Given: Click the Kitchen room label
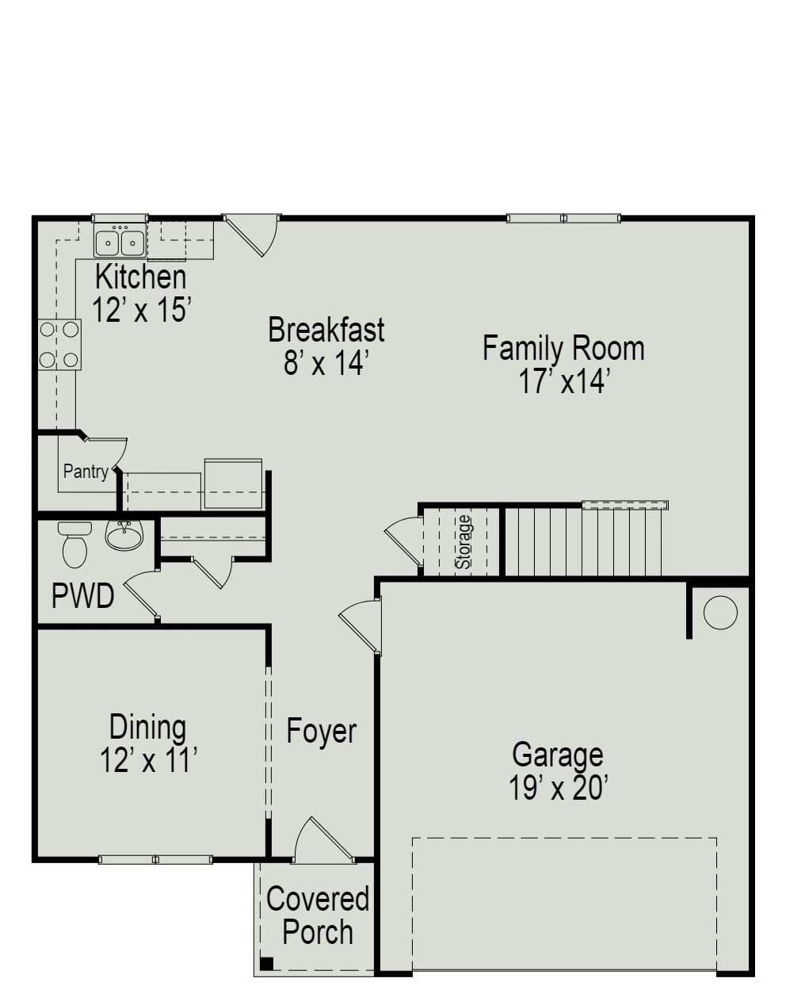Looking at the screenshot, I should (x=141, y=277).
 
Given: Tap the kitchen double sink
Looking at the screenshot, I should (x=120, y=241).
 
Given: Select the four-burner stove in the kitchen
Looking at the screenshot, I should (x=59, y=345).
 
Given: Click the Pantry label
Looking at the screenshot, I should (x=86, y=472).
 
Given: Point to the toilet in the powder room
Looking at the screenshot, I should (x=74, y=545).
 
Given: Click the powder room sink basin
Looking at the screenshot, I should (x=124, y=537).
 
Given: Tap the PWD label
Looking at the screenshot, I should (x=82, y=596).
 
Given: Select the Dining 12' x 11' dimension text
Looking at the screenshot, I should (x=148, y=760).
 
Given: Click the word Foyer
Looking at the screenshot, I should (x=321, y=731).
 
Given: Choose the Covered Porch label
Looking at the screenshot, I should (x=318, y=915).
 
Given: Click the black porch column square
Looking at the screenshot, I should (x=267, y=964).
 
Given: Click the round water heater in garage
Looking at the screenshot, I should (x=720, y=613).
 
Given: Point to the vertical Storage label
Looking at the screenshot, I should (x=464, y=542).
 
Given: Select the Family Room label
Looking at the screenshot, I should (x=563, y=348).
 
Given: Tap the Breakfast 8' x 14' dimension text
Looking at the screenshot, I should (x=326, y=363).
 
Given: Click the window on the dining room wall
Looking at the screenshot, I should (x=155, y=859).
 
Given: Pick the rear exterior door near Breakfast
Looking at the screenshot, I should (x=252, y=235).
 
